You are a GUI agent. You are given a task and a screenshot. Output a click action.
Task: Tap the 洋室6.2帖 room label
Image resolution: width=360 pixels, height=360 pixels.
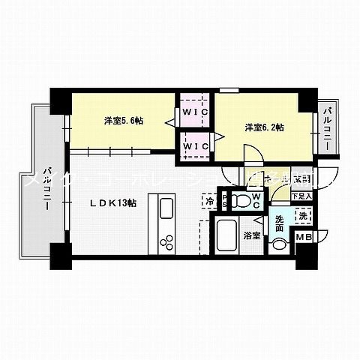click(263, 127)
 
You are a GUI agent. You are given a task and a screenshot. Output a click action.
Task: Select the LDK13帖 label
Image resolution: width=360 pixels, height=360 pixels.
click(113, 202)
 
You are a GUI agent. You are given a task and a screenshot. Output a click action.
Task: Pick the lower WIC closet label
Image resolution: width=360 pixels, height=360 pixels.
click(196, 145)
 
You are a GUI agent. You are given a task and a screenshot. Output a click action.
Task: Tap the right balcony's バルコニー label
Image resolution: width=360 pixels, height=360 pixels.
click(327, 128)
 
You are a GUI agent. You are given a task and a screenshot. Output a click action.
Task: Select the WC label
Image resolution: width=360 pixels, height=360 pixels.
click(256, 201)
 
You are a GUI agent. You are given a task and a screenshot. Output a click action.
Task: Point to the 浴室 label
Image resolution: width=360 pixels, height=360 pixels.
click(252, 235)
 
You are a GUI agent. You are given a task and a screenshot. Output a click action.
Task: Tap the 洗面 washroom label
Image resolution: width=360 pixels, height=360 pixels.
click(279, 223)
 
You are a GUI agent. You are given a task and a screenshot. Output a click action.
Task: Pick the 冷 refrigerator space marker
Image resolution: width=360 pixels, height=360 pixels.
click(209, 201)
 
